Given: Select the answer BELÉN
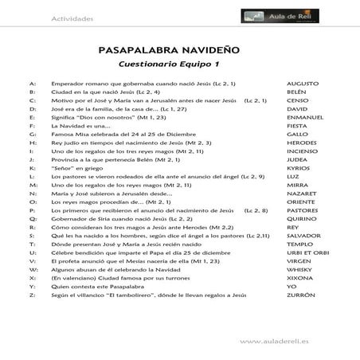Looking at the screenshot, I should [x=297, y=92].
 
